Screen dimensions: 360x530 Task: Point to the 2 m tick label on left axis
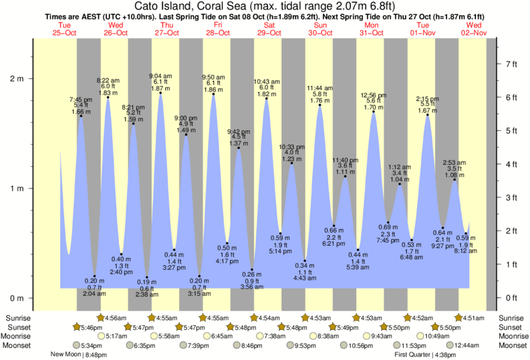click(x=16, y=79)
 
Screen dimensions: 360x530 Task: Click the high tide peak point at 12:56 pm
click(x=373, y=112)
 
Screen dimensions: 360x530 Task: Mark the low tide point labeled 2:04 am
click(x=94, y=276)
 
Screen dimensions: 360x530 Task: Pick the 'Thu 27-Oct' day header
click(x=166, y=29)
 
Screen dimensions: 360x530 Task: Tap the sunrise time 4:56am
click(x=115, y=317)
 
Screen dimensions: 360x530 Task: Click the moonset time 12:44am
click(x=468, y=345)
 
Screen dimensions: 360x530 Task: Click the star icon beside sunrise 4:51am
click(x=460, y=317)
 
